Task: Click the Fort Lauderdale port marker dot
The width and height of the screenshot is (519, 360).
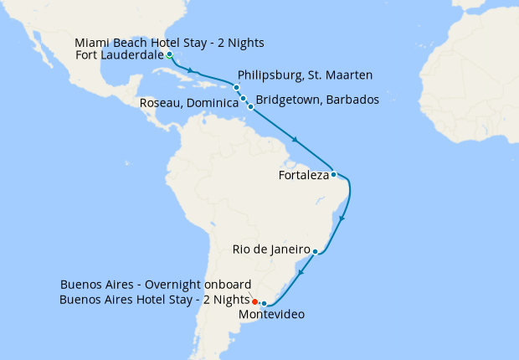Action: tap(169, 55)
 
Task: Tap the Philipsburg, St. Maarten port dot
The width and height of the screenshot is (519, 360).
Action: tap(237, 88)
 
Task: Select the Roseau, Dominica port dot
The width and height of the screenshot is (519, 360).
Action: tap(244, 99)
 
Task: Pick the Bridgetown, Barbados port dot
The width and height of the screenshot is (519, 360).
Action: tap(250, 107)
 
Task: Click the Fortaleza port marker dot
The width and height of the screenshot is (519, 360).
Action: tap(333, 175)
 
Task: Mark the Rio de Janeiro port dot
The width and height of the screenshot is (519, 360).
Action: tap(315, 250)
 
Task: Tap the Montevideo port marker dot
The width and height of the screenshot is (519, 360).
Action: tap(264, 304)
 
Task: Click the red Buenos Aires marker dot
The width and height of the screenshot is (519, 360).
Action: tap(254, 301)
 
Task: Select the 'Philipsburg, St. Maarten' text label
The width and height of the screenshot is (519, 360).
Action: tap(306, 75)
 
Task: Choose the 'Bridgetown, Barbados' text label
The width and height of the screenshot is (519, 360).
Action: tap(317, 100)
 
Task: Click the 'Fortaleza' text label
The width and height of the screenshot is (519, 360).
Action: tap(302, 176)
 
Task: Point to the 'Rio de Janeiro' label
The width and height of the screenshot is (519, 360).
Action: tap(272, 249)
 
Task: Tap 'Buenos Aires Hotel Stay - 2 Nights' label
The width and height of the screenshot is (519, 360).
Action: tap(154, 299)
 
